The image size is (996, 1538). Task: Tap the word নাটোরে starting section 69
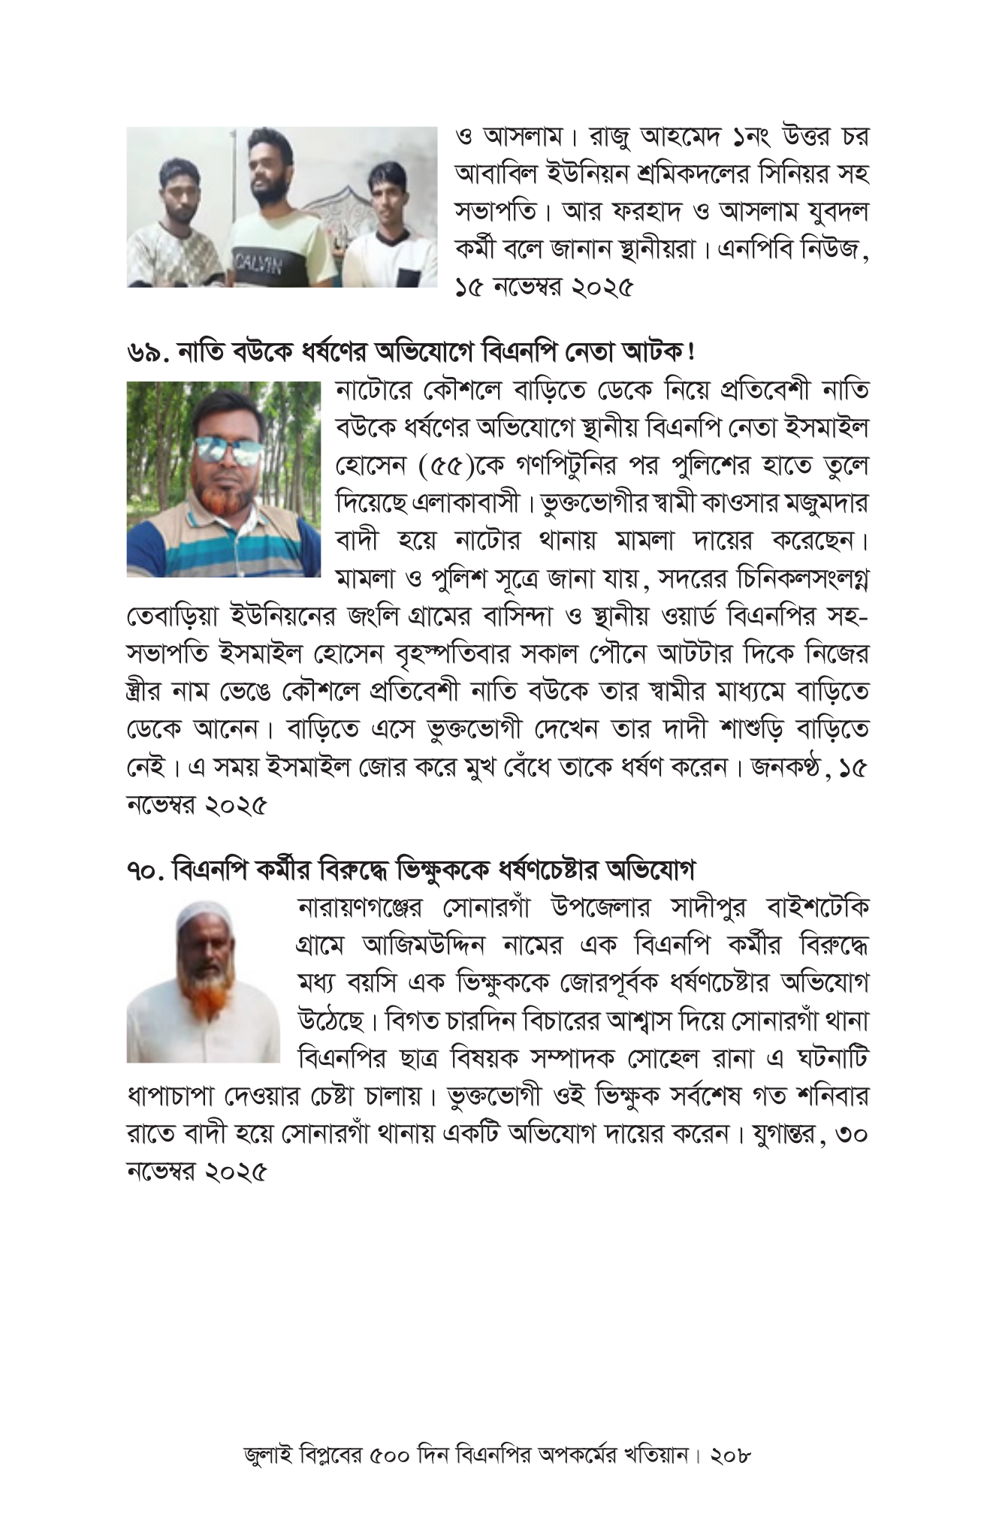point(373,391)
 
